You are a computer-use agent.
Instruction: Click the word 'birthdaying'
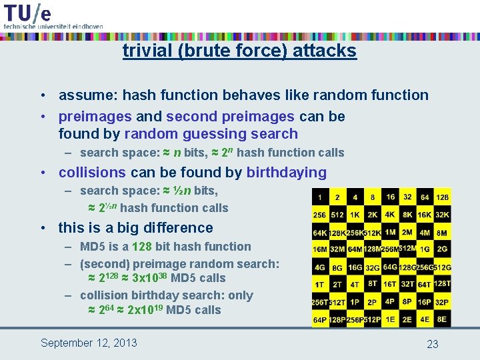click(287, 173)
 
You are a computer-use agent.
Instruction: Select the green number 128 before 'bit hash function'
click(142, 247)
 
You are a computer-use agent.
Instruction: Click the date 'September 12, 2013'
click(89, 343)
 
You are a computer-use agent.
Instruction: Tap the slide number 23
click(433, 344)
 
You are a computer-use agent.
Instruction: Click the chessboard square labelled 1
click(320, 197)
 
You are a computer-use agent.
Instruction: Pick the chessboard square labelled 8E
click(442, 319)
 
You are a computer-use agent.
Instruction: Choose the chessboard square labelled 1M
click(390, 232)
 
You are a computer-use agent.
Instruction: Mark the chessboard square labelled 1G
click(425, 249)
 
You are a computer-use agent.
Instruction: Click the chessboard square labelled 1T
click(320, 285)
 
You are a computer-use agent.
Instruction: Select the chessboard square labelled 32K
click(442, 215)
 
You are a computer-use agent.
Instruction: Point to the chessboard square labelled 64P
click(320, 319)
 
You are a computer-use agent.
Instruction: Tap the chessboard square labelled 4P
click(390, 302)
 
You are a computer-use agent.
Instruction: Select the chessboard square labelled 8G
click(337, 267)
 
